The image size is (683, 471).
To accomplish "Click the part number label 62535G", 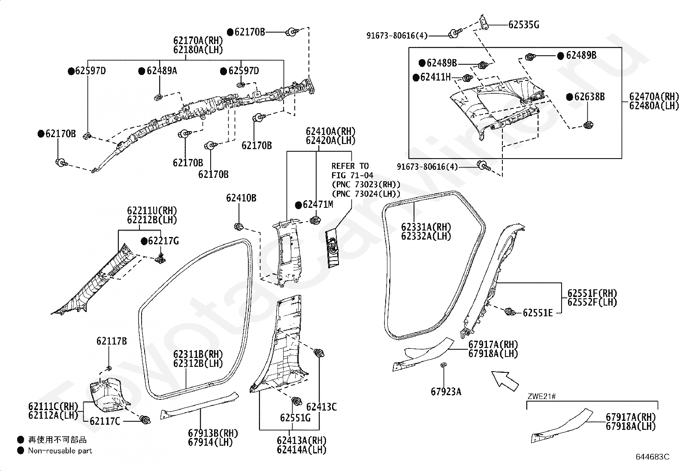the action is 523,25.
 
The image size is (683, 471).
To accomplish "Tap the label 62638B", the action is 589,97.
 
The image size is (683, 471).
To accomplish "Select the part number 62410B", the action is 241,198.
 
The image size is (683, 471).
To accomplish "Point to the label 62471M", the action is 318,205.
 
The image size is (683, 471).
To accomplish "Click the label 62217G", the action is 164,241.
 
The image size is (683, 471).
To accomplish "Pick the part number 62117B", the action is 112,341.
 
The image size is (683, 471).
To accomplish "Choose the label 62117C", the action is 105,421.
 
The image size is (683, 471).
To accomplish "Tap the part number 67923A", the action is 446,391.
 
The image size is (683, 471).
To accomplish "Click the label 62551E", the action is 538,313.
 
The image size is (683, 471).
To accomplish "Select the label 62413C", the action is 321,407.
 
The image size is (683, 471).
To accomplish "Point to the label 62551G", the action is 295,418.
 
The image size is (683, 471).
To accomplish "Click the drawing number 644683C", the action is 653,457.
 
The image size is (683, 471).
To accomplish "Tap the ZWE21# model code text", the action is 541,396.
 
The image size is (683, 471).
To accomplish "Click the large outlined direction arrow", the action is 505,381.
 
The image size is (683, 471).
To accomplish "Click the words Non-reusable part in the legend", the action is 60,450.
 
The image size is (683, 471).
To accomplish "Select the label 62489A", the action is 162,71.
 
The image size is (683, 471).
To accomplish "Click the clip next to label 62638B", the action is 588,125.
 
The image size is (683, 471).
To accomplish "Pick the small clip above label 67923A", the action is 444,365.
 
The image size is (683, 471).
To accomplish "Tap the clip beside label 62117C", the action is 145,420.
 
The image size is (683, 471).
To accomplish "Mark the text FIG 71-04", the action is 353,175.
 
